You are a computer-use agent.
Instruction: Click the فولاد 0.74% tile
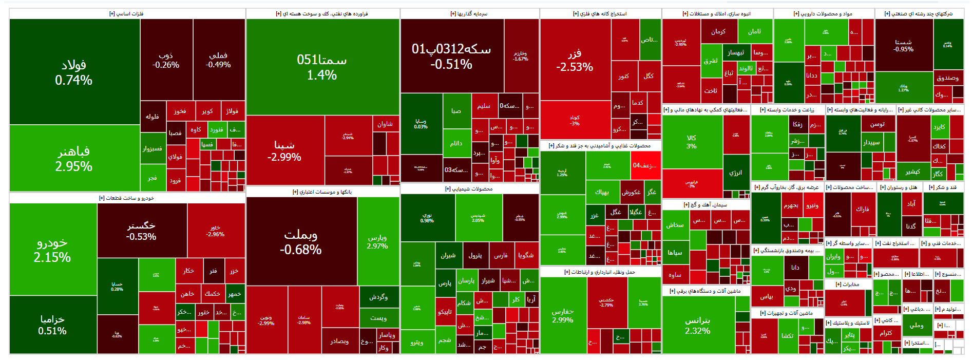click(x=74, y=72)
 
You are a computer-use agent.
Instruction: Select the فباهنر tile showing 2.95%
click(x=74, y=158)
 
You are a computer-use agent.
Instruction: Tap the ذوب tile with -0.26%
click(x=166, y=60)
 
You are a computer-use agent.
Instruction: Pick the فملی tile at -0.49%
click(x=218, y=60)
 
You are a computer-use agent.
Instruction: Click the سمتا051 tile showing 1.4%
click(x=322, y=67)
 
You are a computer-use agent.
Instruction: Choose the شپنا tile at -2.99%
click(x=284, y=150)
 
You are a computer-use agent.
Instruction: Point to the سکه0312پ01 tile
click(x=451, y=56)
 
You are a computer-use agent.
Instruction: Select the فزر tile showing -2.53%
click(x=575, y=60)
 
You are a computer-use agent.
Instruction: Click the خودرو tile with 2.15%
click(x=52, y=249)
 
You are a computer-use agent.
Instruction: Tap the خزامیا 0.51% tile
click(x=52, y=325)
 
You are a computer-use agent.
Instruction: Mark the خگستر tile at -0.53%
click(x=141, y=231)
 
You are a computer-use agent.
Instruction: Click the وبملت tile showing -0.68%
click(x=301, y=241)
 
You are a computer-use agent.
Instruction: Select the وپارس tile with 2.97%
click(x=377, y=241)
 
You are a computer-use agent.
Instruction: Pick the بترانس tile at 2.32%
click(x=698, y=325)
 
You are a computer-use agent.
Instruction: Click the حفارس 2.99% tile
click(x=563, y=315)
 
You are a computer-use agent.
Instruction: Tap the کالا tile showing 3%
click(x=692, y=142)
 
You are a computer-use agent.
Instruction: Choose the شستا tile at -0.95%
click(x=903, y=45)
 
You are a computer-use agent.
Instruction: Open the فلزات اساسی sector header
click(x=126, y=14)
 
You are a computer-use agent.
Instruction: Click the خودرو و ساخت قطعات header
click(x=126, y=198)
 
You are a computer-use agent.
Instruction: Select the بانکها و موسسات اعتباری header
click(x=322, y=192)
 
